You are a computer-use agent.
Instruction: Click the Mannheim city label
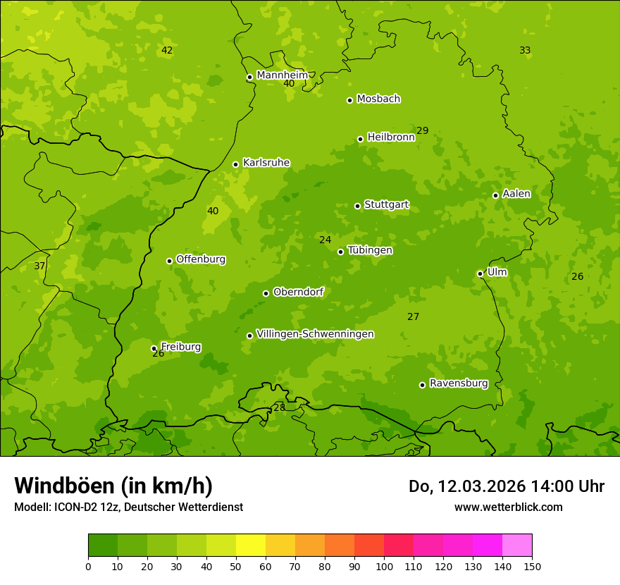click(283, 75)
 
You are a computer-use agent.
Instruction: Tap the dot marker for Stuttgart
click(358, 206)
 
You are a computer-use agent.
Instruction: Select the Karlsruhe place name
click(266, 162)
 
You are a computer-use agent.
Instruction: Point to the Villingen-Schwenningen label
click(315, 333)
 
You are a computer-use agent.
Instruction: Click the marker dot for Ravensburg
click(423, 385)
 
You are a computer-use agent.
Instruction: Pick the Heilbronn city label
click(391, 137)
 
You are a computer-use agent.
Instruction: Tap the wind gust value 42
click(167, 50)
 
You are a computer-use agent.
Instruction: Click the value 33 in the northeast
click(525, 50)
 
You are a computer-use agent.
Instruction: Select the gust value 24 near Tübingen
click(325, 240)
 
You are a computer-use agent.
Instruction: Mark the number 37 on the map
click(39, 266)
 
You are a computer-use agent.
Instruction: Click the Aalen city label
click(516, 193)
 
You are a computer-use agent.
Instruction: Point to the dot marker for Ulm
click(480, 273)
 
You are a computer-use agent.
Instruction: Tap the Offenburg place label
click(201, 259)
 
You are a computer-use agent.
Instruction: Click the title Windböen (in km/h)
click(113, 486)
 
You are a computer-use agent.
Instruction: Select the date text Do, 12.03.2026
click(456, 486)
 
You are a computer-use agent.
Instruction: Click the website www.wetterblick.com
click(509, 507)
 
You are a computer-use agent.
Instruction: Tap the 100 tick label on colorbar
click(384, 566)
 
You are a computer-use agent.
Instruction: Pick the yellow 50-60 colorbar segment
click(251, 546)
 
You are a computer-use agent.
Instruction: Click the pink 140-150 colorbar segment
click(517, 546)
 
